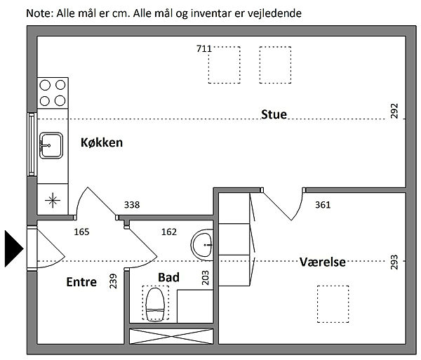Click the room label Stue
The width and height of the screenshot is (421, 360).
(x=274, y=114)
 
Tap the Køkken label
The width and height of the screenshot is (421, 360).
(x=102, y=142)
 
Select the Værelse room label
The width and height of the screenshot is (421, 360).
(x=323, y=262)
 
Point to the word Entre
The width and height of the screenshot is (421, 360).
(x=81, y=282)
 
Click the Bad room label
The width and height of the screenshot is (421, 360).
(x=168, y=277)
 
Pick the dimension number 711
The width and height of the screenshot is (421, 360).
(x=204, y=48)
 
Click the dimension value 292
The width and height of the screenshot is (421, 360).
(x=394, y=111)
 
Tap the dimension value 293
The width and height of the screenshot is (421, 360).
(x=394, y=262)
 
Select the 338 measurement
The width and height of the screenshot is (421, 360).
(x=132, y=205)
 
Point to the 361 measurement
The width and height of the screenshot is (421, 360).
(x=323, y=205)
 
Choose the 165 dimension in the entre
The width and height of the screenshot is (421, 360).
(x=81, y=232)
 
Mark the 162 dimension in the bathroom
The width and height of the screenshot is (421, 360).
(x=169, y=232)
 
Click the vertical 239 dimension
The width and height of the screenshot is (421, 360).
(x=113, y=281)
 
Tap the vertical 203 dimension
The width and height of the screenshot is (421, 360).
(x=205, y=278)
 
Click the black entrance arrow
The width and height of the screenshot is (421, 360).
(x=14, y=248)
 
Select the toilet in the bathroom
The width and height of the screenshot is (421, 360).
(x=155, y=304)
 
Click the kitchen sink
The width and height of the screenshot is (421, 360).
(x=51, y=145)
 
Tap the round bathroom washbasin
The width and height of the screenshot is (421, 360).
(x=202, y=245)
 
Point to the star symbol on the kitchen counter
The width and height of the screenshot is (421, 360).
(x=53, y=200)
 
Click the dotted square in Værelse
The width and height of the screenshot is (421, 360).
(x=333, y=304)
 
